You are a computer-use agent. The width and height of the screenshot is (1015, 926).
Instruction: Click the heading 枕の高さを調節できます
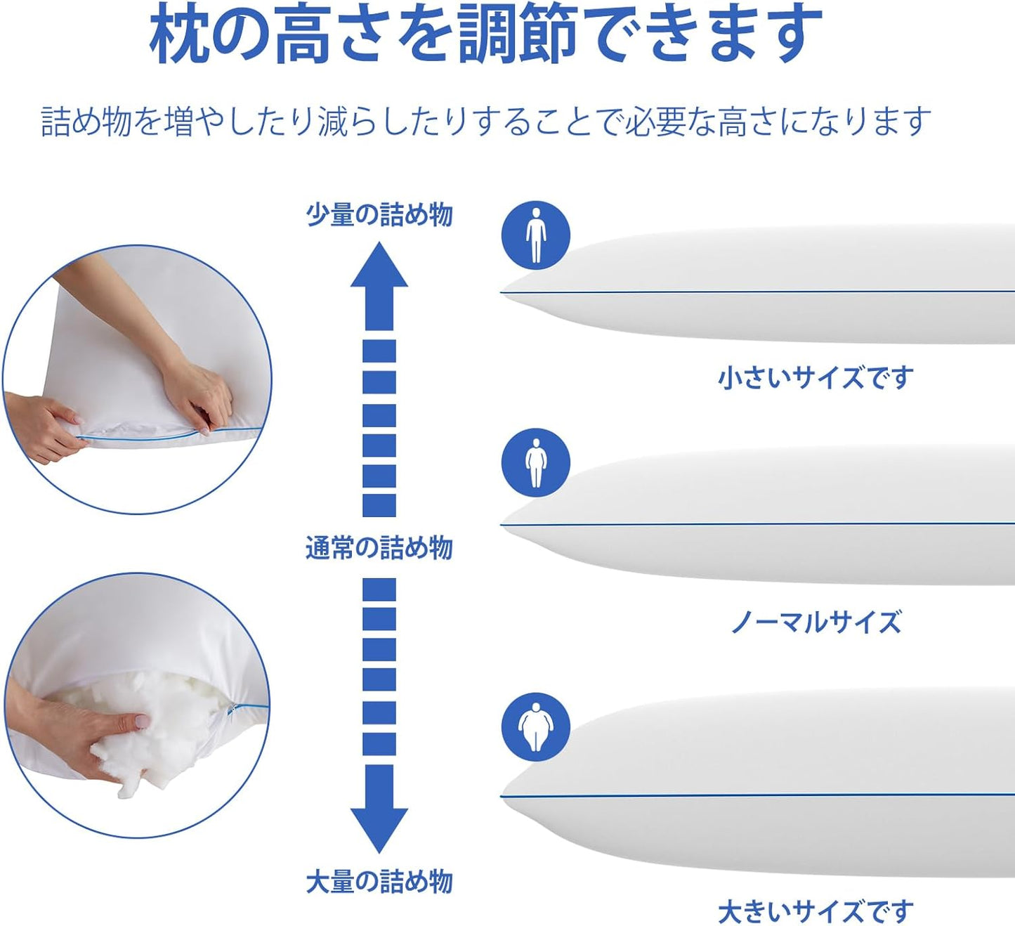(x=485, y=33)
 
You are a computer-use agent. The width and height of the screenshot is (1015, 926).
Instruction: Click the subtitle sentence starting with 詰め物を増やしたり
(x=486, y=121)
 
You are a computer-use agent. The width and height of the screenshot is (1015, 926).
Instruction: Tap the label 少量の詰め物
(x=379, y=214)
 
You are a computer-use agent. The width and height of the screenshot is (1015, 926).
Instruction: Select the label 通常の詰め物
(x=379, y=547)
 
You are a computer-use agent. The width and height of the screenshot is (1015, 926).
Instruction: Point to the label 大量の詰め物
(x=379, y=881)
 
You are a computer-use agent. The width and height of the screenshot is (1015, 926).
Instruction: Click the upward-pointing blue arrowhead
(x=379, y=267)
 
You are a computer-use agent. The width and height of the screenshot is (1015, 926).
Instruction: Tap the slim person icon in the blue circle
(x=535, y=235)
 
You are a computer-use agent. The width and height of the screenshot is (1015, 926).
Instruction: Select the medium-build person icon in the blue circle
(x=535, y=462)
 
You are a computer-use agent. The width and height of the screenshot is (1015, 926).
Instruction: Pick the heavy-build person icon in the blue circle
(x=535, y=726)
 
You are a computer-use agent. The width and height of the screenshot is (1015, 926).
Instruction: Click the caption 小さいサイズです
(x=816, y=378)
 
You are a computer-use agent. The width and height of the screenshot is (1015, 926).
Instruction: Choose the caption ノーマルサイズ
(x=816, y=622)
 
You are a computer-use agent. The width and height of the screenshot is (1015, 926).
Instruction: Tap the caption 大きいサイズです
(x=816, y=911)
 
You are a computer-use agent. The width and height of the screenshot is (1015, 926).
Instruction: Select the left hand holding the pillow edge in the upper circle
(x=42, y=429)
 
